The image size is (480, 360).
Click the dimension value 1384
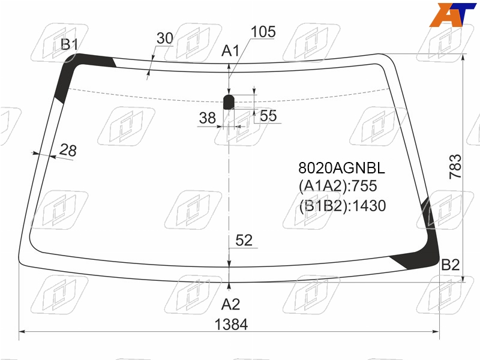pyautogui.click(x=231, y=325)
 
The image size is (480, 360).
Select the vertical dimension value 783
pyautogui.click(x=455, y=167)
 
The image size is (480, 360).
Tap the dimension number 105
pyautogui.click(x=263, y=32)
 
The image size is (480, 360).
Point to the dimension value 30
pyautogui.click(x=164, y=38)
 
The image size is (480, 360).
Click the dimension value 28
pyautogui.click(x=68, y=150)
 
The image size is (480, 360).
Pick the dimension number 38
pyautogui.click(x=207, y=118)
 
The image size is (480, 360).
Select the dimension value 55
pyautogui.click(x=268, y=116)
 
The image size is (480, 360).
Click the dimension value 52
pyautogui.click(x=244, y=241)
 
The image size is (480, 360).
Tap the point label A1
pyautogui.click(x=230, y=51)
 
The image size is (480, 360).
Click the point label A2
pyautogui.click(x=230, y=305)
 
